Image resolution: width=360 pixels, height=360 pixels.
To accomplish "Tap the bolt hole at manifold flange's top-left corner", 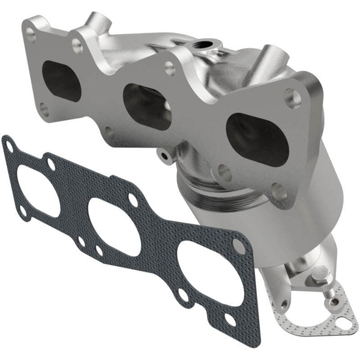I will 30,36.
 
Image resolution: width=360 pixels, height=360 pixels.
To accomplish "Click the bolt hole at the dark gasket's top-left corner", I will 10,144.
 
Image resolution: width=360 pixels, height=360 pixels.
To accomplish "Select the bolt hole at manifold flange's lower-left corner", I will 44,109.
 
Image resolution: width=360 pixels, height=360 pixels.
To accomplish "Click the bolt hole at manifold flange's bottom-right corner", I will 278,191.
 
